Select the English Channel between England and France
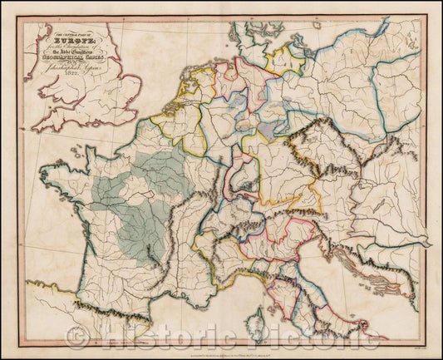point(83,133)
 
